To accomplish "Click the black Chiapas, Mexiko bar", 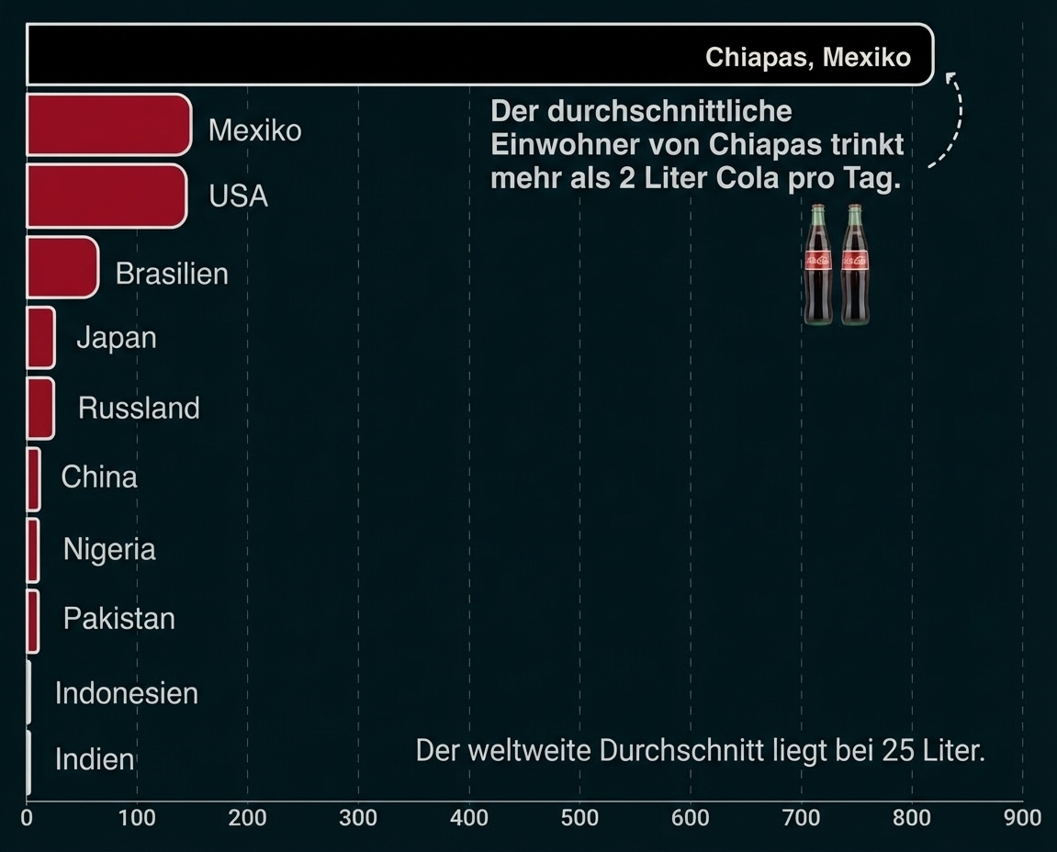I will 367,55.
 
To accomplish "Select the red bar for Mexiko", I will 108,124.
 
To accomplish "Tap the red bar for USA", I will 106,196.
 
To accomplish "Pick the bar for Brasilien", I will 62,267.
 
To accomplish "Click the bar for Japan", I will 40,338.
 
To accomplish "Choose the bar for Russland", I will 39,408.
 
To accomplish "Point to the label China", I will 99,477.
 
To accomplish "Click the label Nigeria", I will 109,549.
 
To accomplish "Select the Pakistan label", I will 118,619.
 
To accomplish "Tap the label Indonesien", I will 127,692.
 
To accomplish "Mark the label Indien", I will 95,760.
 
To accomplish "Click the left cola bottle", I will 818,264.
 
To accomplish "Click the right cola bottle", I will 855,264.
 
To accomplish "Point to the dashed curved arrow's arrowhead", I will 950,77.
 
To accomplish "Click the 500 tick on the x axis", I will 579,817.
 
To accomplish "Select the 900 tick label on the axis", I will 1022,817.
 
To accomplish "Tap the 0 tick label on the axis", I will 28,817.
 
